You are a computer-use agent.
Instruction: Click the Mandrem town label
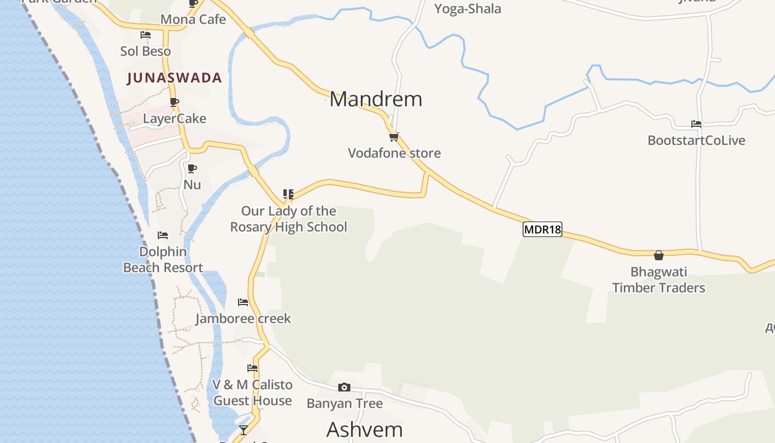click(x=375, y=99)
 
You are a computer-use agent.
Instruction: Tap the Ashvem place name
click(x=364, y=430)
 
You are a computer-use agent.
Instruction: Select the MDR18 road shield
click(x=542, y=229)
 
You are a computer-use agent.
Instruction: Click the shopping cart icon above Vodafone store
click(x=394, y=136)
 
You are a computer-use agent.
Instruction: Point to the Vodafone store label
click(x=394, y=153)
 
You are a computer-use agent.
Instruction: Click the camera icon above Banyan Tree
click(x=344, y=387)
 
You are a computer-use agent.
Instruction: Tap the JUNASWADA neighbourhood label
click(x=174, y=78)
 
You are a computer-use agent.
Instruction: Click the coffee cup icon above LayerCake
click(x=174, y=102)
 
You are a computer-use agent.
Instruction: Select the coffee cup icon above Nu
click(x=192, y=168)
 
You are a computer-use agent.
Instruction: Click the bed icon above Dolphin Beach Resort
click(x=163, y=235)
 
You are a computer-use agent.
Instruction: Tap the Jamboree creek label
click(x=243, y=319)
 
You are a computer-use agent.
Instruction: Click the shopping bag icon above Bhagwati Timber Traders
click(x=659, y=255)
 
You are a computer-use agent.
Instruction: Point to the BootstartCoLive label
click(x=696, y=141)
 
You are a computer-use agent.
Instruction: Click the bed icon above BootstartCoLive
click(x=696, y=124)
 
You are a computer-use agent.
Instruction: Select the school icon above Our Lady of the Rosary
click(x=288, y=194)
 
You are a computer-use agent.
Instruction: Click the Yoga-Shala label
click(x=468, y=9)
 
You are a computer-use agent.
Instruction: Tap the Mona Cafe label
click(x=193, y=20)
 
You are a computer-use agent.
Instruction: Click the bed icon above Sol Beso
click(x=146, y=34)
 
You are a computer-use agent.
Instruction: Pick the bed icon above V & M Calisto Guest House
click(x=252, y=368)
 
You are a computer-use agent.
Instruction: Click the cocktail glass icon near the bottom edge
click(x=243, y=430)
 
